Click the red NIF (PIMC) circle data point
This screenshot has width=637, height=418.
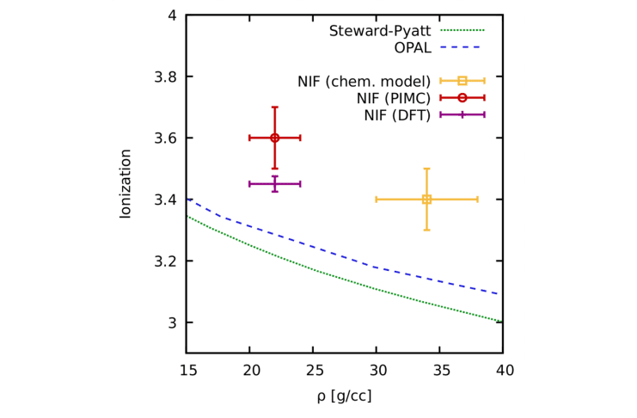[275, 138]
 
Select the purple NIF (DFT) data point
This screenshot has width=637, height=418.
[275, 183]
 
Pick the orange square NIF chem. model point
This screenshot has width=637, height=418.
[426, 200]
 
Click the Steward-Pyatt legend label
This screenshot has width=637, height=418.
[379, 31]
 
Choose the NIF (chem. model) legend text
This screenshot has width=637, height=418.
[364, 82]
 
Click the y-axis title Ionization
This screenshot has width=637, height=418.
[126, 184]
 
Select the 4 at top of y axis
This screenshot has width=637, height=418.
[172, 15]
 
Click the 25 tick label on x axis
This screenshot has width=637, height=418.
[313, 371]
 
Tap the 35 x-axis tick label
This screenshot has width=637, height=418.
[439, 371]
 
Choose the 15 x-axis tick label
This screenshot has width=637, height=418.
[187, 371]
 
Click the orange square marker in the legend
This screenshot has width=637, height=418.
[462, 81]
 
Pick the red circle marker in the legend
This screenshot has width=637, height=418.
[462, 98]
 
